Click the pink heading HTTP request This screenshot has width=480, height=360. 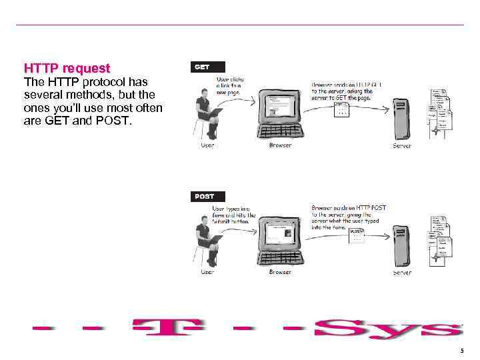click(67, 68)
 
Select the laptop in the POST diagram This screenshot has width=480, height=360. click(280, 239)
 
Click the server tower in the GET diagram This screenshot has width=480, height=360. click(401, 117)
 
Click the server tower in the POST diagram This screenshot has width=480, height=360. click(401, 245)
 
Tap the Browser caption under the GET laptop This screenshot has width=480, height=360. click(280, 145)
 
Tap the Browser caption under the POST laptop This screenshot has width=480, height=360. click(280, 272)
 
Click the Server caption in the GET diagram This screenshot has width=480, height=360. click(402, 145)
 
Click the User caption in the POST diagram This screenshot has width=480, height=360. click(208, 272)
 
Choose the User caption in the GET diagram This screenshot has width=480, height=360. click(208, 145)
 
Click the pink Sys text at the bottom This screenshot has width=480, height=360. click(387, 329)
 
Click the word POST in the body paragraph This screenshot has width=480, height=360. click(116, 122)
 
